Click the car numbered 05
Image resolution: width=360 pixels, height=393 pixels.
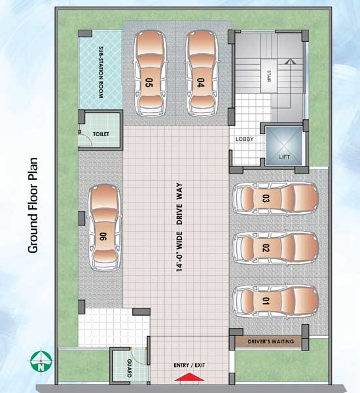coord(151,73)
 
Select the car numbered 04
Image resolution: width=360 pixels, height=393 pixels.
coord(202,73)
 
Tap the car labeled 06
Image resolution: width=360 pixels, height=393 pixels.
coord(105,227)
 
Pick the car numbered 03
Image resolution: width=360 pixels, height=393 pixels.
coord(276,198)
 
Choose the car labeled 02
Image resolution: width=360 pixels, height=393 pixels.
coord(276,248)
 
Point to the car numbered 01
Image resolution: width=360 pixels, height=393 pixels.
coord(276,301)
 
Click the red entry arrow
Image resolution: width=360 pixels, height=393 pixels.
coord(189,377)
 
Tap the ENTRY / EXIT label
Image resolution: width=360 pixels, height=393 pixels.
coord(189,365)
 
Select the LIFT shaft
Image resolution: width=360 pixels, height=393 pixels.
coord(284,145)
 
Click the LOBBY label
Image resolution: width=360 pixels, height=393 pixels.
coord(245,139)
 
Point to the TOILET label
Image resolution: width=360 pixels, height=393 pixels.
coord(101,134)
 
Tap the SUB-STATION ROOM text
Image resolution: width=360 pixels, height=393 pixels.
coord(101,72)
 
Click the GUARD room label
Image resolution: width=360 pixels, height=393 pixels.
coord(129,368)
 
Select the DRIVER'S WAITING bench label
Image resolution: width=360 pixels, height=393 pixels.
coord(271,341)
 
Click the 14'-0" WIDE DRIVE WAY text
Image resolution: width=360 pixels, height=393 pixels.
coord(179,227)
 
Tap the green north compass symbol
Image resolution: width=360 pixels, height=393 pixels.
coord(41,361)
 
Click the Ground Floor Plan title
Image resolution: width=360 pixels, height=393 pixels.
coord(33,205)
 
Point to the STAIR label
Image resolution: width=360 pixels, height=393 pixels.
coord(269,76)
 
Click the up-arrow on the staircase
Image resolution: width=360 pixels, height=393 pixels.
coord(289,62)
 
